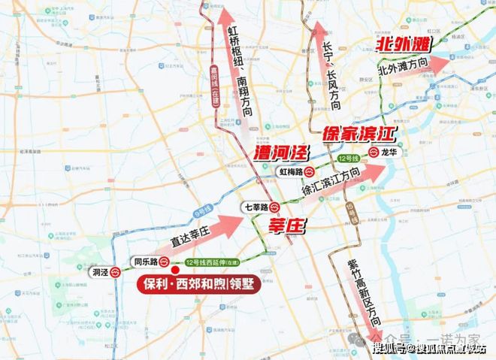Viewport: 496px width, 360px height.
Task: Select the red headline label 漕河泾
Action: coord(283,153)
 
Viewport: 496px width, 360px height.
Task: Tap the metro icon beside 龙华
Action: coord(373,151)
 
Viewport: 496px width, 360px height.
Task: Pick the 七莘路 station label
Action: coord(255,206)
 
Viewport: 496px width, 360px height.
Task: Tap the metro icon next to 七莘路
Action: coord(276,206)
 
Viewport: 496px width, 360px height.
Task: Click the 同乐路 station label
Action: coord(144,262)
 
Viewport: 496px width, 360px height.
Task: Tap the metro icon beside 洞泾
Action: coord(116,273)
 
